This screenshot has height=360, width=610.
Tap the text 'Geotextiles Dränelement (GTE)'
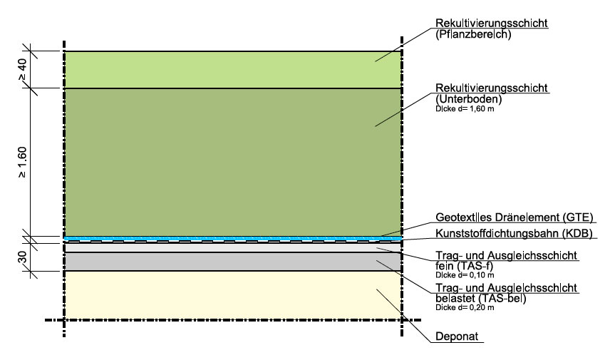[514, 217]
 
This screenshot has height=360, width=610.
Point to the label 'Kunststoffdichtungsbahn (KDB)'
[514, 233]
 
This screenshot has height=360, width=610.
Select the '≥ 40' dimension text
[22, 69]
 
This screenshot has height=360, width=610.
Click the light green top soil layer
[232, 69]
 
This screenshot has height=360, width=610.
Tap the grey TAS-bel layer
[232, 262]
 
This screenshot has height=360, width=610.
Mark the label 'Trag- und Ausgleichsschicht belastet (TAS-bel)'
[505, 293]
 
